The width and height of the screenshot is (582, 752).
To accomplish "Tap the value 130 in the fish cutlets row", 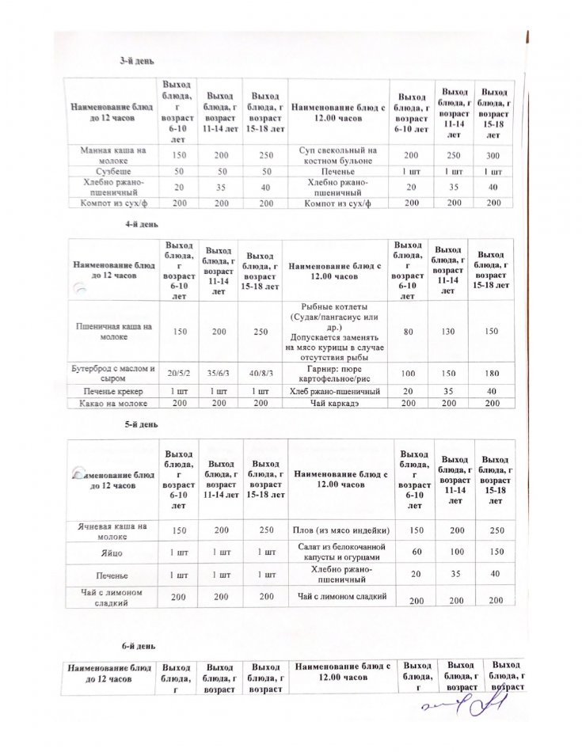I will pos(448,331).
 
